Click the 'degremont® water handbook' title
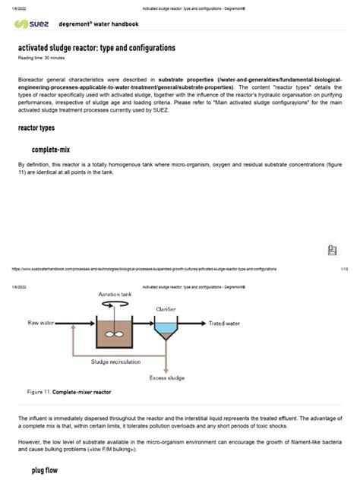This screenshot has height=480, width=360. [99, 24]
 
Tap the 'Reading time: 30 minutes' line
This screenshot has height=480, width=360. [43, 58]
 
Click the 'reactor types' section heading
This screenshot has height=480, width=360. [36, 128]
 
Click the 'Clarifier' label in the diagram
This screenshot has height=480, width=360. [166, 310]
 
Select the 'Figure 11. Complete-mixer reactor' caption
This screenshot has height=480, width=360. [68, 393]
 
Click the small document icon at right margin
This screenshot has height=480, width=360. [331, 251]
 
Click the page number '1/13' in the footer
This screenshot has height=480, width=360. [344, 268]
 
